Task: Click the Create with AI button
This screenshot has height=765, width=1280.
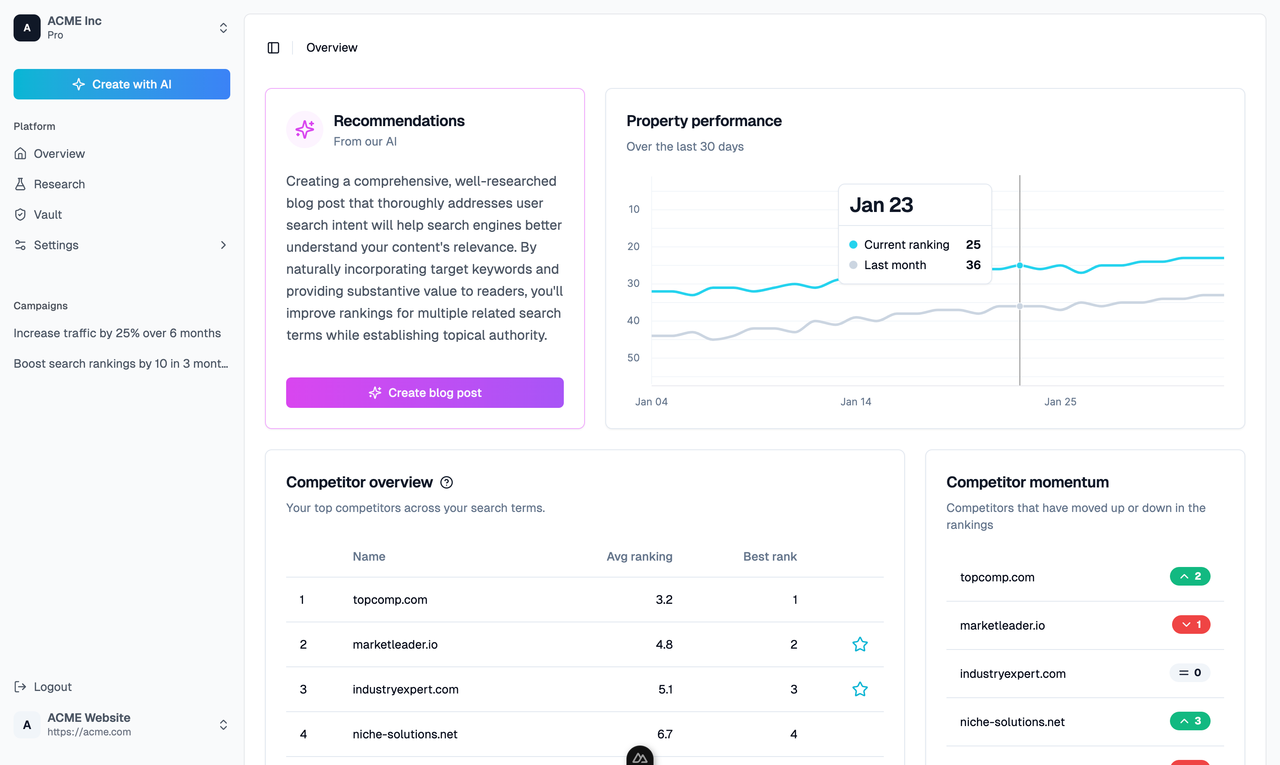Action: click(122, 84)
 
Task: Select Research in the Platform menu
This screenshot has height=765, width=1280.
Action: click(59, 184)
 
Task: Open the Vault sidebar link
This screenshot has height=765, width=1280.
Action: click(47, 215)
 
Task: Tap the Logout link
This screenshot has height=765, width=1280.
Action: click(52, 687)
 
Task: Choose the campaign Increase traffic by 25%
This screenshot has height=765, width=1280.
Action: click(117, 333)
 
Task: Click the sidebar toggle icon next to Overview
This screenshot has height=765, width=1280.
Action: click(273, 48)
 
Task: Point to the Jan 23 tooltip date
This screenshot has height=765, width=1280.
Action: click(881, 205)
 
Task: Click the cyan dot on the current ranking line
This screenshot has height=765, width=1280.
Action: click(1020, 265)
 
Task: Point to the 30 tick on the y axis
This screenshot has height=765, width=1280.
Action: click(633, 283)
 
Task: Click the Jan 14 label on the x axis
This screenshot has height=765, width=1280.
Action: click(855, 402)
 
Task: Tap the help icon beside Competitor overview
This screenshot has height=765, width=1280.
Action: click(446, 482)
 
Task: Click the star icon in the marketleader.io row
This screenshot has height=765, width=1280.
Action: click(860, 644)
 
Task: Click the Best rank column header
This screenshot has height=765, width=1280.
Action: click(770, 556)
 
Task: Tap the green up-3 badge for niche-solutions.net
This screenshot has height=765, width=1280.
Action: click(1190, 721)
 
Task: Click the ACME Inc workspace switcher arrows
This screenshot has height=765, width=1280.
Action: click(223, 28)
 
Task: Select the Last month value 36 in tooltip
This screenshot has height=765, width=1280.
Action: click(973, 265)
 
